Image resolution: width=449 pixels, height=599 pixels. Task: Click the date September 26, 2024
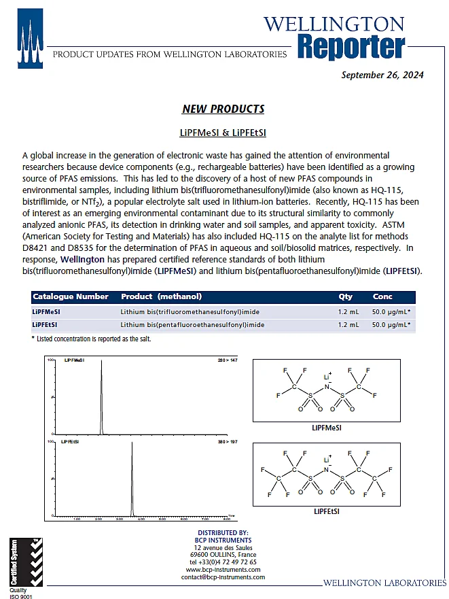(382, 75)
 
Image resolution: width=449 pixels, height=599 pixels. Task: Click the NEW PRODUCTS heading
(223, 109)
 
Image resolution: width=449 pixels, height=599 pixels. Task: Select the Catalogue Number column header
(71, 296)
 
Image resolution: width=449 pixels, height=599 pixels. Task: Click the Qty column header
(345, 296)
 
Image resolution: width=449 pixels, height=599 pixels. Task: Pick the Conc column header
(382, 296)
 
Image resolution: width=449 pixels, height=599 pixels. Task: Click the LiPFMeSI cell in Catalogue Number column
(46, 311)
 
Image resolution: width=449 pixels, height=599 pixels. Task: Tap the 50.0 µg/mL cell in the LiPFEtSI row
(391, 325)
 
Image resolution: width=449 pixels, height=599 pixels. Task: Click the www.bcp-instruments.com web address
(223, 570)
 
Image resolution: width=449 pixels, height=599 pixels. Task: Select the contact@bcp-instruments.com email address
(223, 577)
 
